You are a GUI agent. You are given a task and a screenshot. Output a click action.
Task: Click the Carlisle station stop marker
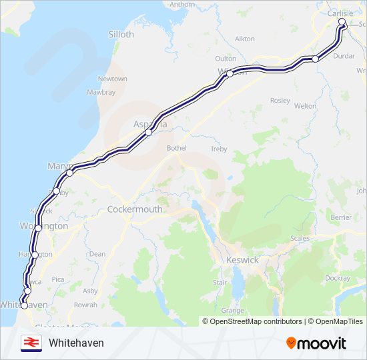coord(342,22)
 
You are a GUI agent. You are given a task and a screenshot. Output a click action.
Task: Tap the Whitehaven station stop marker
coord(24,305)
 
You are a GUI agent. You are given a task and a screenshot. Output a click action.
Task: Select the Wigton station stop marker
coord(229,74)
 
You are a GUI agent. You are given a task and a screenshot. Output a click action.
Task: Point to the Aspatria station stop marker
coord(148,132)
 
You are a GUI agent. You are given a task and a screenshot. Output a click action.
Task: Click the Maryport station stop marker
coord(69,173)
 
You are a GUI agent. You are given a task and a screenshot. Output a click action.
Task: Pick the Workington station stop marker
coord(39,228)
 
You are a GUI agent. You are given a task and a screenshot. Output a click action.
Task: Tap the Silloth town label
coord(121,34)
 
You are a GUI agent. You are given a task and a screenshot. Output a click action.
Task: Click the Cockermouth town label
coord(135,209)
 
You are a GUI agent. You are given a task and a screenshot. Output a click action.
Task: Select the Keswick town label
coord(242,260)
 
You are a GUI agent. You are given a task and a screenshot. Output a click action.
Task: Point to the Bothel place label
coord(177,148)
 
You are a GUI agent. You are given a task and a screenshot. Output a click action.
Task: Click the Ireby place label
coord(219,149)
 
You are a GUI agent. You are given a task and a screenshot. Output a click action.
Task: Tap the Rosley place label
coord(280,101)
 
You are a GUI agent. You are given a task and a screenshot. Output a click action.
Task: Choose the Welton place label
coord(305,106)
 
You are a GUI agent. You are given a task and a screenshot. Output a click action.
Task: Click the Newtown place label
coord(113,79)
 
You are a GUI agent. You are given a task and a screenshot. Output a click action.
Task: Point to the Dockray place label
coord(338,278)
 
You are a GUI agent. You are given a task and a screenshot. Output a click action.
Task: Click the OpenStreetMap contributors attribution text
coord(256,321)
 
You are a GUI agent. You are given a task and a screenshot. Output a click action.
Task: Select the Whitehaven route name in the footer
coord(76,343)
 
